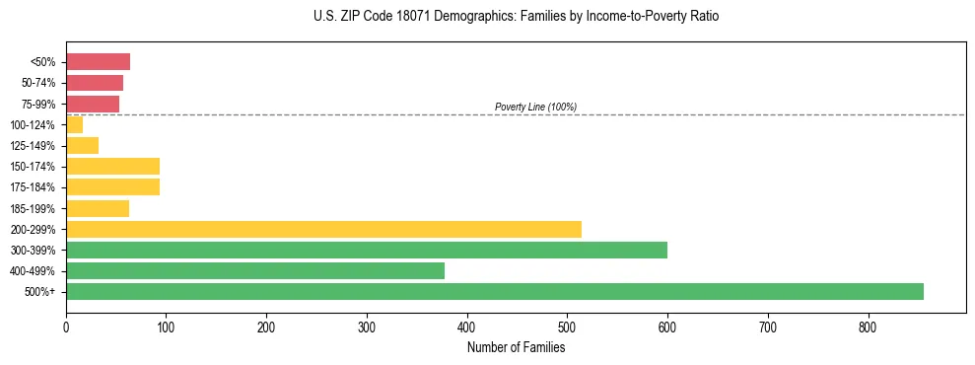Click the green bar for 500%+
tap(494, 291)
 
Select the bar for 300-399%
tap(366, 250)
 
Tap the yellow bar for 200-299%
tap(323, 229)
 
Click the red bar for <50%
tap(98, 62)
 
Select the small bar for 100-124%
tap(74, 124)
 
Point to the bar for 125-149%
tap(82, 146)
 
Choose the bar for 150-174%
tap(112, 167)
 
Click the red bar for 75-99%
tap(93, 104)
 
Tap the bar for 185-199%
tap(97, 208)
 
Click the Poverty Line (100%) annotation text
tap(535, 107)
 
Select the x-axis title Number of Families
tap(516, 347)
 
